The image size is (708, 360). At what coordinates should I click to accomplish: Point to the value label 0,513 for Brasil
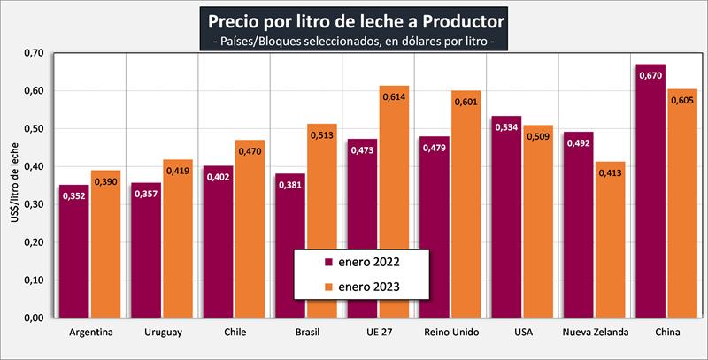[321, 136]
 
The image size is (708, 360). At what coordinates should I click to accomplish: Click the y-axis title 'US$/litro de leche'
[12, 186]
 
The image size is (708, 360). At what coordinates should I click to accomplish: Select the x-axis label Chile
[235, 333]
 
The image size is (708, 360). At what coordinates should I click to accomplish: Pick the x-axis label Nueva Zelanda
[595, 333]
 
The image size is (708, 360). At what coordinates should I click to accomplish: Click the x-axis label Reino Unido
[452, 333]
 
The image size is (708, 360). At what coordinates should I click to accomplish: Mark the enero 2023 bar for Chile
[250, 229]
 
